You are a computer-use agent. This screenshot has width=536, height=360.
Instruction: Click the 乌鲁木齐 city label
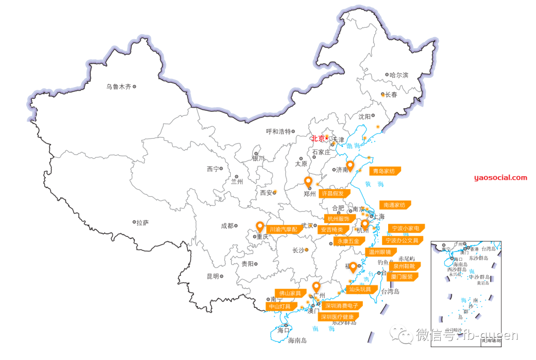tap(119, 86)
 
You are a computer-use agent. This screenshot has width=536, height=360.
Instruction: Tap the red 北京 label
tap(318, 139)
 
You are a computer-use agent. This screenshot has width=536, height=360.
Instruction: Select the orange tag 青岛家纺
tap(384, 171)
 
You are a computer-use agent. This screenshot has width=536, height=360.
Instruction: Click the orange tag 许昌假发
tap(333, 193)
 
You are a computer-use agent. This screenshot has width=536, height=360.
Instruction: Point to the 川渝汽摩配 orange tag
tap(284, 229)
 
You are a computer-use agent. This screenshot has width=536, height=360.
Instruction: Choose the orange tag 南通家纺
tap(395, 205)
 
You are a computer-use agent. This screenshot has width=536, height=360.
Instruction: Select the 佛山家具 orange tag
tap(290, 293)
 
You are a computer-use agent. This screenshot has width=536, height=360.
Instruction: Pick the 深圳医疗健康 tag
tap(337, 316)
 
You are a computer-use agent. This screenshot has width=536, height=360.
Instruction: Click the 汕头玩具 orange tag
tap(360, 288)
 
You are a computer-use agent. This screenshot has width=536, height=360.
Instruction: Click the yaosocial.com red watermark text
tap(500, 177)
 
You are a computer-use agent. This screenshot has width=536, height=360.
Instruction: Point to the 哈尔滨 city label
tap(399, 75)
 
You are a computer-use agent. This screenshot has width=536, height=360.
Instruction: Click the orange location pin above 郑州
tap(308, 182)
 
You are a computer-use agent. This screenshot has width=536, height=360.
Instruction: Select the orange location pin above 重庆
tap(260, 227)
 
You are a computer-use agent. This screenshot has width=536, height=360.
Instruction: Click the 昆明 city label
tap(212, 276)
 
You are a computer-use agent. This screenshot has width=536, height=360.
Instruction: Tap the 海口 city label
tap(283, 330)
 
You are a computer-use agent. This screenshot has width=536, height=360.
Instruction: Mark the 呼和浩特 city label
tap(278, 132)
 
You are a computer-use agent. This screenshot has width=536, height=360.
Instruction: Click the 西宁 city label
tap(212, 169)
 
